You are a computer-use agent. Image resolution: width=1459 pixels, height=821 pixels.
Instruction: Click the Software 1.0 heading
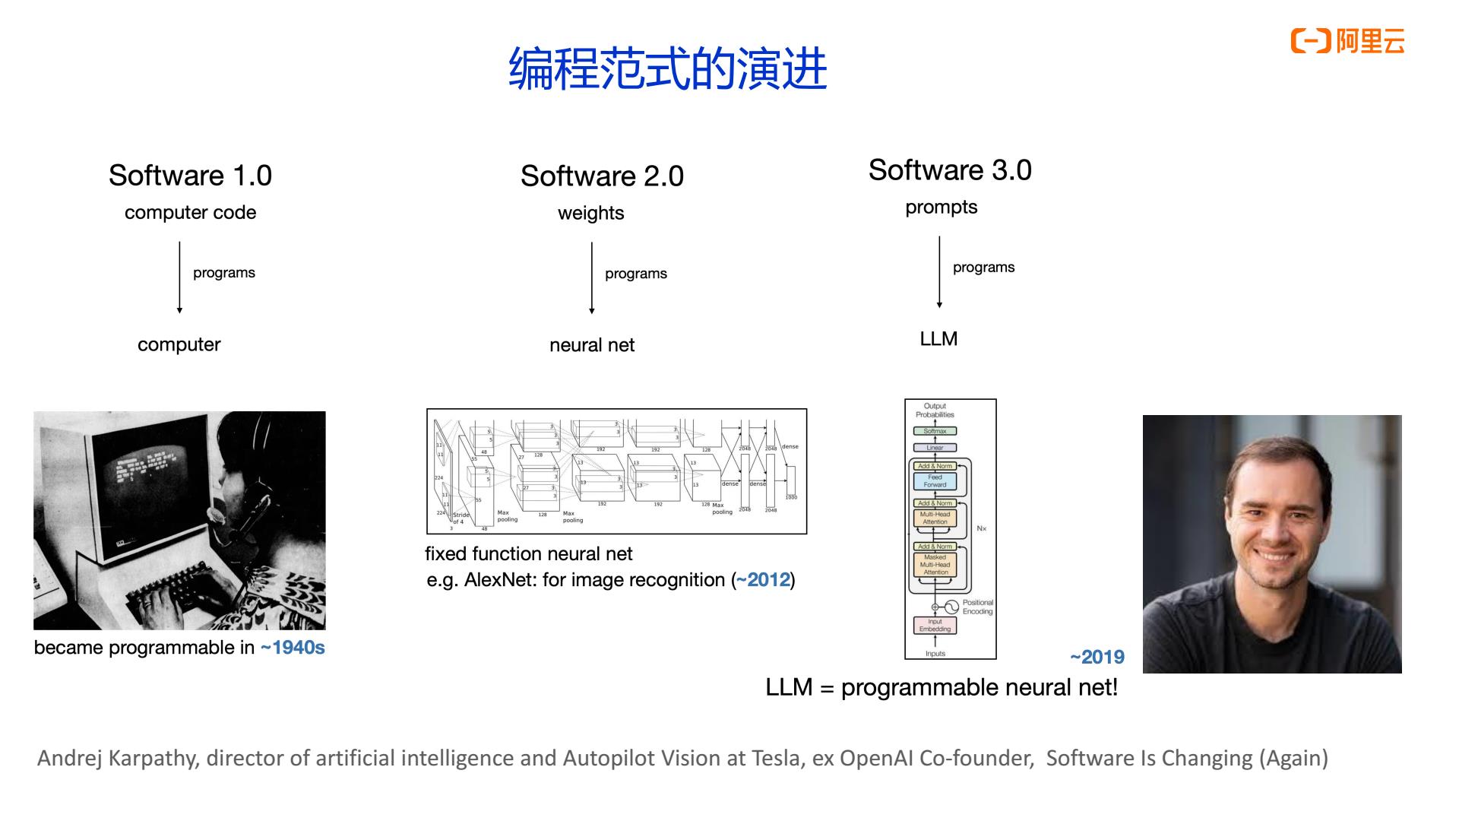coord(190,176)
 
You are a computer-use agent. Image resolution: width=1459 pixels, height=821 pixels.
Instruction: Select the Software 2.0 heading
coord(602,176)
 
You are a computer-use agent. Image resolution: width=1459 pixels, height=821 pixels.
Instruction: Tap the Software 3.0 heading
coord(950,170)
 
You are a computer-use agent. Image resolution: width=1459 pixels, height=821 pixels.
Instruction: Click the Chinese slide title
coord(667,69)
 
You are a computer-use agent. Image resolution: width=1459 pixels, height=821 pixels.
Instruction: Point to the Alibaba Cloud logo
coord(1347,41)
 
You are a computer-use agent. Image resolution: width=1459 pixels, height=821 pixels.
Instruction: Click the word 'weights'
coord(590,214)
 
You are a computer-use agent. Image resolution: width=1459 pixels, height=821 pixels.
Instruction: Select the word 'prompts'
coord(941,208)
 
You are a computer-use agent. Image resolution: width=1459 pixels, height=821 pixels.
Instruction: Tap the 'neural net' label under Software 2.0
coord(591,345)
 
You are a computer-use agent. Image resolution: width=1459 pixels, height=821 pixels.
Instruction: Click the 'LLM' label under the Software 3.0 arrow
coord(938,339)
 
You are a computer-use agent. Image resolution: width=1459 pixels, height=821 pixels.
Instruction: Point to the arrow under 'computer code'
coord(179,277)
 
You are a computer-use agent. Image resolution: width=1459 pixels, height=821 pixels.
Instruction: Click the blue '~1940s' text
coord(293,648)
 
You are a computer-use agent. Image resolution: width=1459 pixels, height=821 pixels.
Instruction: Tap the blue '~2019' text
coord(1097,657)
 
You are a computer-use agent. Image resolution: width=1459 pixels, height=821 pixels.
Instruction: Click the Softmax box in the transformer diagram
coord(935,431)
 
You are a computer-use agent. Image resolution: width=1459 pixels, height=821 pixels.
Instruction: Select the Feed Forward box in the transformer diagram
coord(935,481)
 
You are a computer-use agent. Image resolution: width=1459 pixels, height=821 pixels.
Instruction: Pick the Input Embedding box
coord(935,626)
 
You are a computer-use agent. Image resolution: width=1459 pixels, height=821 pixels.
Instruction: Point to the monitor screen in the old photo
coord(148,471)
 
